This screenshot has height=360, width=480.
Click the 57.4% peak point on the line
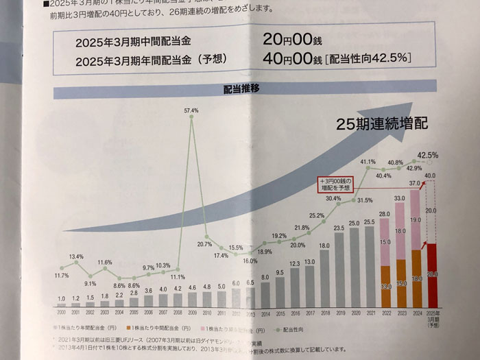click(192, 118)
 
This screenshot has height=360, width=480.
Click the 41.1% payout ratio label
click(368, 162)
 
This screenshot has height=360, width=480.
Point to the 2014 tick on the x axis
click(265, 313)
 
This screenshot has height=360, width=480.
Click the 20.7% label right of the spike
click(204, 243)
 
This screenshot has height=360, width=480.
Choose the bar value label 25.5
click(368, 222)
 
